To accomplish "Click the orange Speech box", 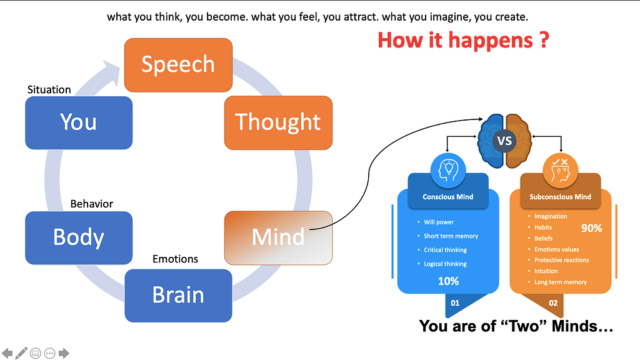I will click(x=178, y=64).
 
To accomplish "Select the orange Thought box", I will click(x=278, y=122).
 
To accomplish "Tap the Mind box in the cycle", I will click(x=278, y=237).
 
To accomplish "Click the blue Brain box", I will click(x=178, y=295).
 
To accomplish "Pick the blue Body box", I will click(x=79, y=237).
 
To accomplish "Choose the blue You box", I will click(x=79, y=122).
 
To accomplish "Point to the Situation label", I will click(x=49, y=89).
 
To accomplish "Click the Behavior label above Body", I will click(x=92, y=204).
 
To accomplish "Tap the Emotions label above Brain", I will click(x=176, y=259).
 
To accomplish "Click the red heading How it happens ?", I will click(x=463, y=40).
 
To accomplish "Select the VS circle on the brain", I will click(x=504, y=141).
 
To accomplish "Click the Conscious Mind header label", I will click(x=448, y=197).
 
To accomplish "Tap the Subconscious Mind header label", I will click(x=560, y=197).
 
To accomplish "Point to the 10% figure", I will click(x=448, y=281).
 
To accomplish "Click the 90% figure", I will click(x=591, y=228).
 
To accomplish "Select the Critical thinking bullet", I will click(x=446, y=250).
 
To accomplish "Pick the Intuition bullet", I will click(x=546, y=271).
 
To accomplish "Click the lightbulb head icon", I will click(x=448, y=170).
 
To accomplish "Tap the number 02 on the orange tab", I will click(x=553, y=303).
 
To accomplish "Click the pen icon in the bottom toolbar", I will click(x=22, y=353).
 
